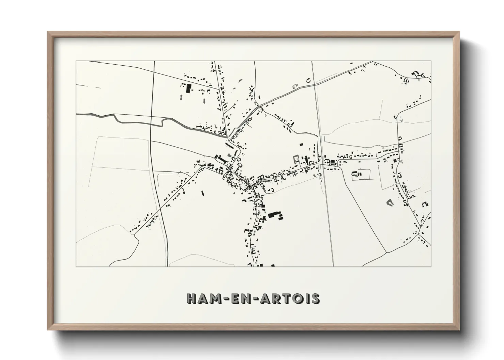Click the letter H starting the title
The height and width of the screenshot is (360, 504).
pos(192,298)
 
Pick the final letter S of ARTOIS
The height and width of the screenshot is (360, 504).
pos(315,298)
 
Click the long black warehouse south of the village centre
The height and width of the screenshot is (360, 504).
pos(273,215)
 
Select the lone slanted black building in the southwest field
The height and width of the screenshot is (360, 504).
pos(203,193)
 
